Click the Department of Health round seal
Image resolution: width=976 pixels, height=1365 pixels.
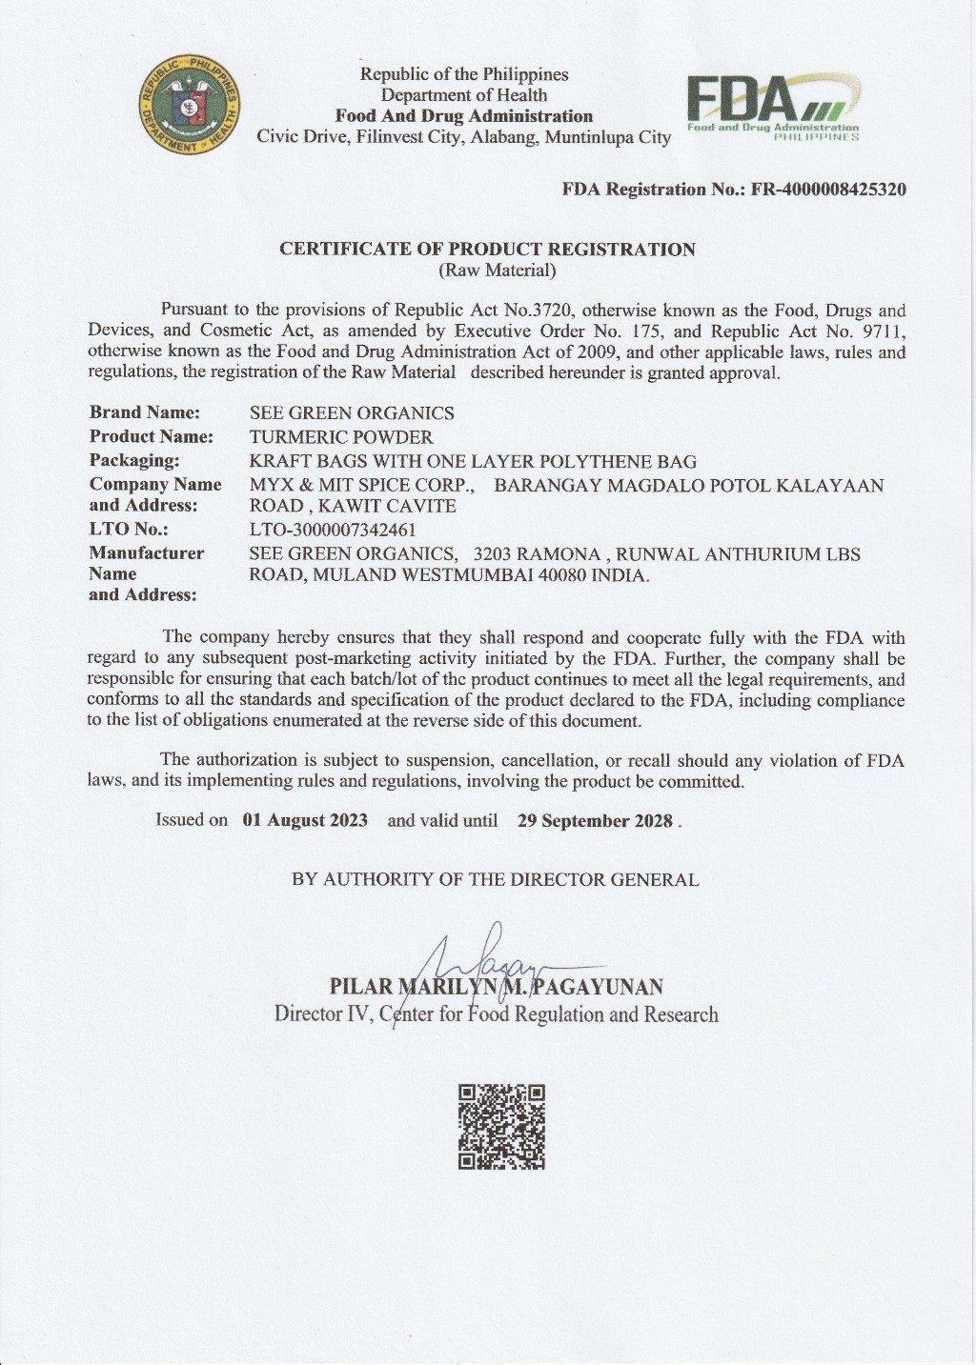coord(189,104)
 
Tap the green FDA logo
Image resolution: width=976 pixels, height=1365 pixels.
coord(772,107)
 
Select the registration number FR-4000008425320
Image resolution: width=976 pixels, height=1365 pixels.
coord(828,189)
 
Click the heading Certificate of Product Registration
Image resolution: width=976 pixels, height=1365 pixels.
coord(487,250)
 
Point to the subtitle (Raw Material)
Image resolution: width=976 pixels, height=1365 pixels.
coord(497,271)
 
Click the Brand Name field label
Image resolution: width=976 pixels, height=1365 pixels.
coord(145,412)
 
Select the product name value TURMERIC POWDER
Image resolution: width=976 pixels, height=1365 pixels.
coord(341,437)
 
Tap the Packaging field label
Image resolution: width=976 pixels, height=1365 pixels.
coord(134,461)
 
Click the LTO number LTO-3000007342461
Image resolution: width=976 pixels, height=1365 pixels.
coord(333,530)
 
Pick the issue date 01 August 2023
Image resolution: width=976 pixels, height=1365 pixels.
coord(305,820)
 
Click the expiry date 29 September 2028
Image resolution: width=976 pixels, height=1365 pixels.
coord(596,821)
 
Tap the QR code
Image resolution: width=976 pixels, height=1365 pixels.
coord(501,1127)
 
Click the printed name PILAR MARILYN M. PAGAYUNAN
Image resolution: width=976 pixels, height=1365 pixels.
coord(497,987)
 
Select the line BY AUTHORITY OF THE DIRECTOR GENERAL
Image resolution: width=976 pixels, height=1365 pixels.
coord(496,880)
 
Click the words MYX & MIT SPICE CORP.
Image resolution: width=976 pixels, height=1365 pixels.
coord(362,486)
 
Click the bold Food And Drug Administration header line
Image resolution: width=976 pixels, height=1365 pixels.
coord(464,116)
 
